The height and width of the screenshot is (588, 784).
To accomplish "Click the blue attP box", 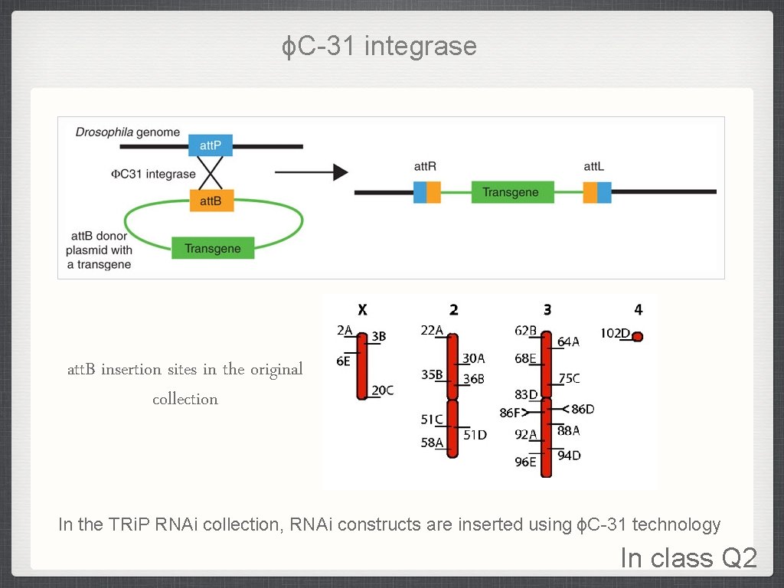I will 211,145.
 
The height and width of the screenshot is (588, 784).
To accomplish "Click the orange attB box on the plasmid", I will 211,201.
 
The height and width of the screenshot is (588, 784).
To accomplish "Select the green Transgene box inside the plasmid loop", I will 213,249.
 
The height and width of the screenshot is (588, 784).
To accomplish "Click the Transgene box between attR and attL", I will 511,192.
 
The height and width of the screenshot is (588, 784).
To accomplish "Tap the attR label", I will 425,166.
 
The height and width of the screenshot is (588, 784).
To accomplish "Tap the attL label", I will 595,166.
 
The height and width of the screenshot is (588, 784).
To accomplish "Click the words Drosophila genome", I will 127,132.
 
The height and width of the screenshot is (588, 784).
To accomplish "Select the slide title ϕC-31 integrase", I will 379,47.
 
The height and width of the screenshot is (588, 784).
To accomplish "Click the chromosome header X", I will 363,310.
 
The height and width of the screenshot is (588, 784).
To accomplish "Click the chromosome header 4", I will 639,310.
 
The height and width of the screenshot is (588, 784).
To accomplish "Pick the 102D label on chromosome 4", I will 615,335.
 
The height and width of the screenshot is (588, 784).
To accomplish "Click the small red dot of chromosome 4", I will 638,336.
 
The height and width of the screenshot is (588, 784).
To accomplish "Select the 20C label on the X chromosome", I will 382,390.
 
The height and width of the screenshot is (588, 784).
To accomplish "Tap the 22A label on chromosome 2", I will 432,330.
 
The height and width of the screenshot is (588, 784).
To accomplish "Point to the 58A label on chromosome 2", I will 432,443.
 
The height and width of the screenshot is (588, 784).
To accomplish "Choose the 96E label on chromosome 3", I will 525,462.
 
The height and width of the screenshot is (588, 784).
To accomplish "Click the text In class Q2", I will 688,558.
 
